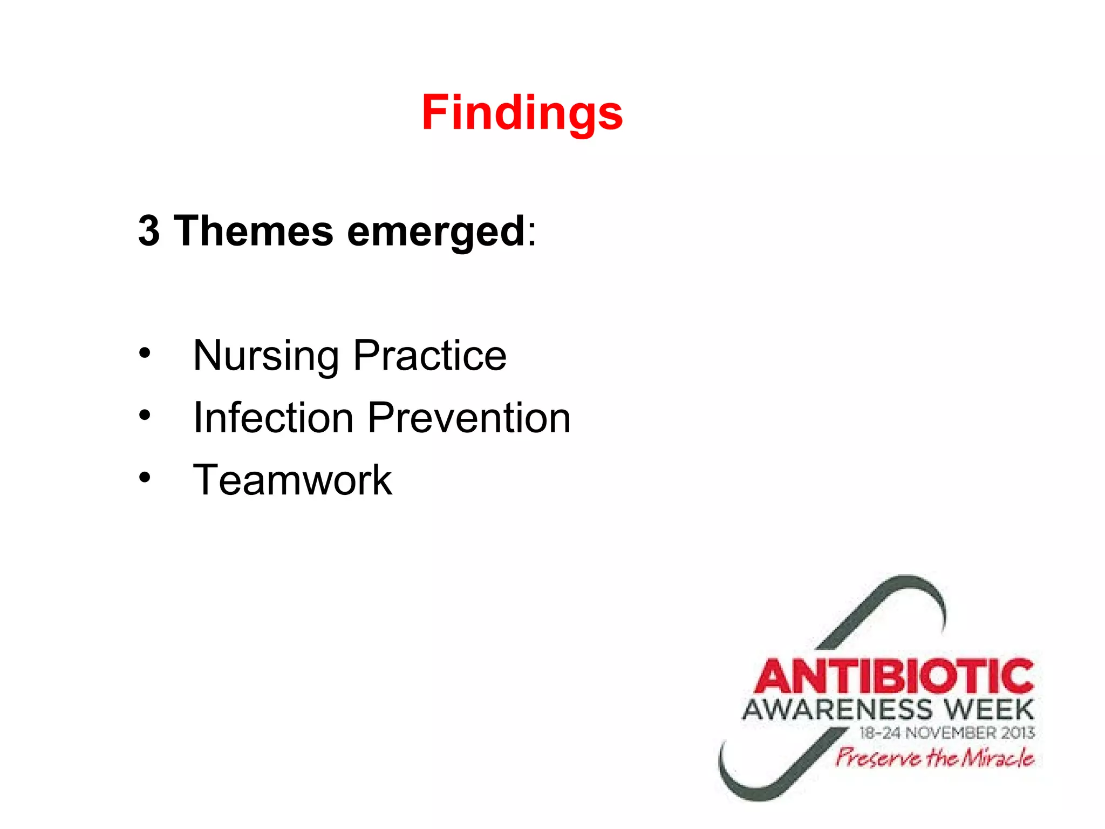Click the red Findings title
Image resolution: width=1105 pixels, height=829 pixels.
pyautogui.click(x=522, y=112)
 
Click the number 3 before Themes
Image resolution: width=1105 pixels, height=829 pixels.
pyautogui.click(x=149, y=231)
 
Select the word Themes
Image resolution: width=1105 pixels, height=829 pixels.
pyautogui.click(x=253, y=231)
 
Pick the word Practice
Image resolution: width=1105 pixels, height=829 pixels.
pyautogui.click(x=430, y=356)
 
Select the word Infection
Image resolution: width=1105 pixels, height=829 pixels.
pyautogui.click(x=273, y=418)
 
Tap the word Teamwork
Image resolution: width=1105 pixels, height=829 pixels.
pyautogui.click(x=292, y=480)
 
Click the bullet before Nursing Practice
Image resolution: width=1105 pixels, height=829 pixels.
pyautogui.click(x=144, y=353)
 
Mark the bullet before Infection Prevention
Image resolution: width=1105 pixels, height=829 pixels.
pyautogui.click(x=144, y=415)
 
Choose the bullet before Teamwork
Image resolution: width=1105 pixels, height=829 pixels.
pyautogui.click(x=144, y=477)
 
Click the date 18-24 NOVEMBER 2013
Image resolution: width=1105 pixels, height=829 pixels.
pyautogui.click(x=947, y=733)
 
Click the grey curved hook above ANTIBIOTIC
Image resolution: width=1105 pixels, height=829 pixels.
pyautogui.click(x=896, y=599)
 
